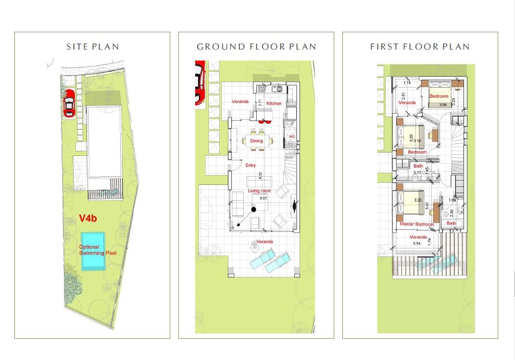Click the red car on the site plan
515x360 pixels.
(69, 103)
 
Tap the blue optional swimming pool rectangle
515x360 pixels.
(93, 251)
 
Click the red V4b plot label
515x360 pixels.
(88, 219)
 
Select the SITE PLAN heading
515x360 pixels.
(92, 47)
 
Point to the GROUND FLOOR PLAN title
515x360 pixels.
(256, 47)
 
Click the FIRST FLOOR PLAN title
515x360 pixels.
(420, 47)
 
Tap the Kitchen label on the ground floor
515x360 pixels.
(274, 103)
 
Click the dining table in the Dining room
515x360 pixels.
(256, 141)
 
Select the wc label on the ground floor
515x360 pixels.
(291, 136)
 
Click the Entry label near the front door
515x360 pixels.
(251, 166)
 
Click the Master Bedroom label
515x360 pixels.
(416, 224)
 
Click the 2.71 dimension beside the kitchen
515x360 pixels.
(260, 103)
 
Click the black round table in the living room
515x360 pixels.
(253, 208)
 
